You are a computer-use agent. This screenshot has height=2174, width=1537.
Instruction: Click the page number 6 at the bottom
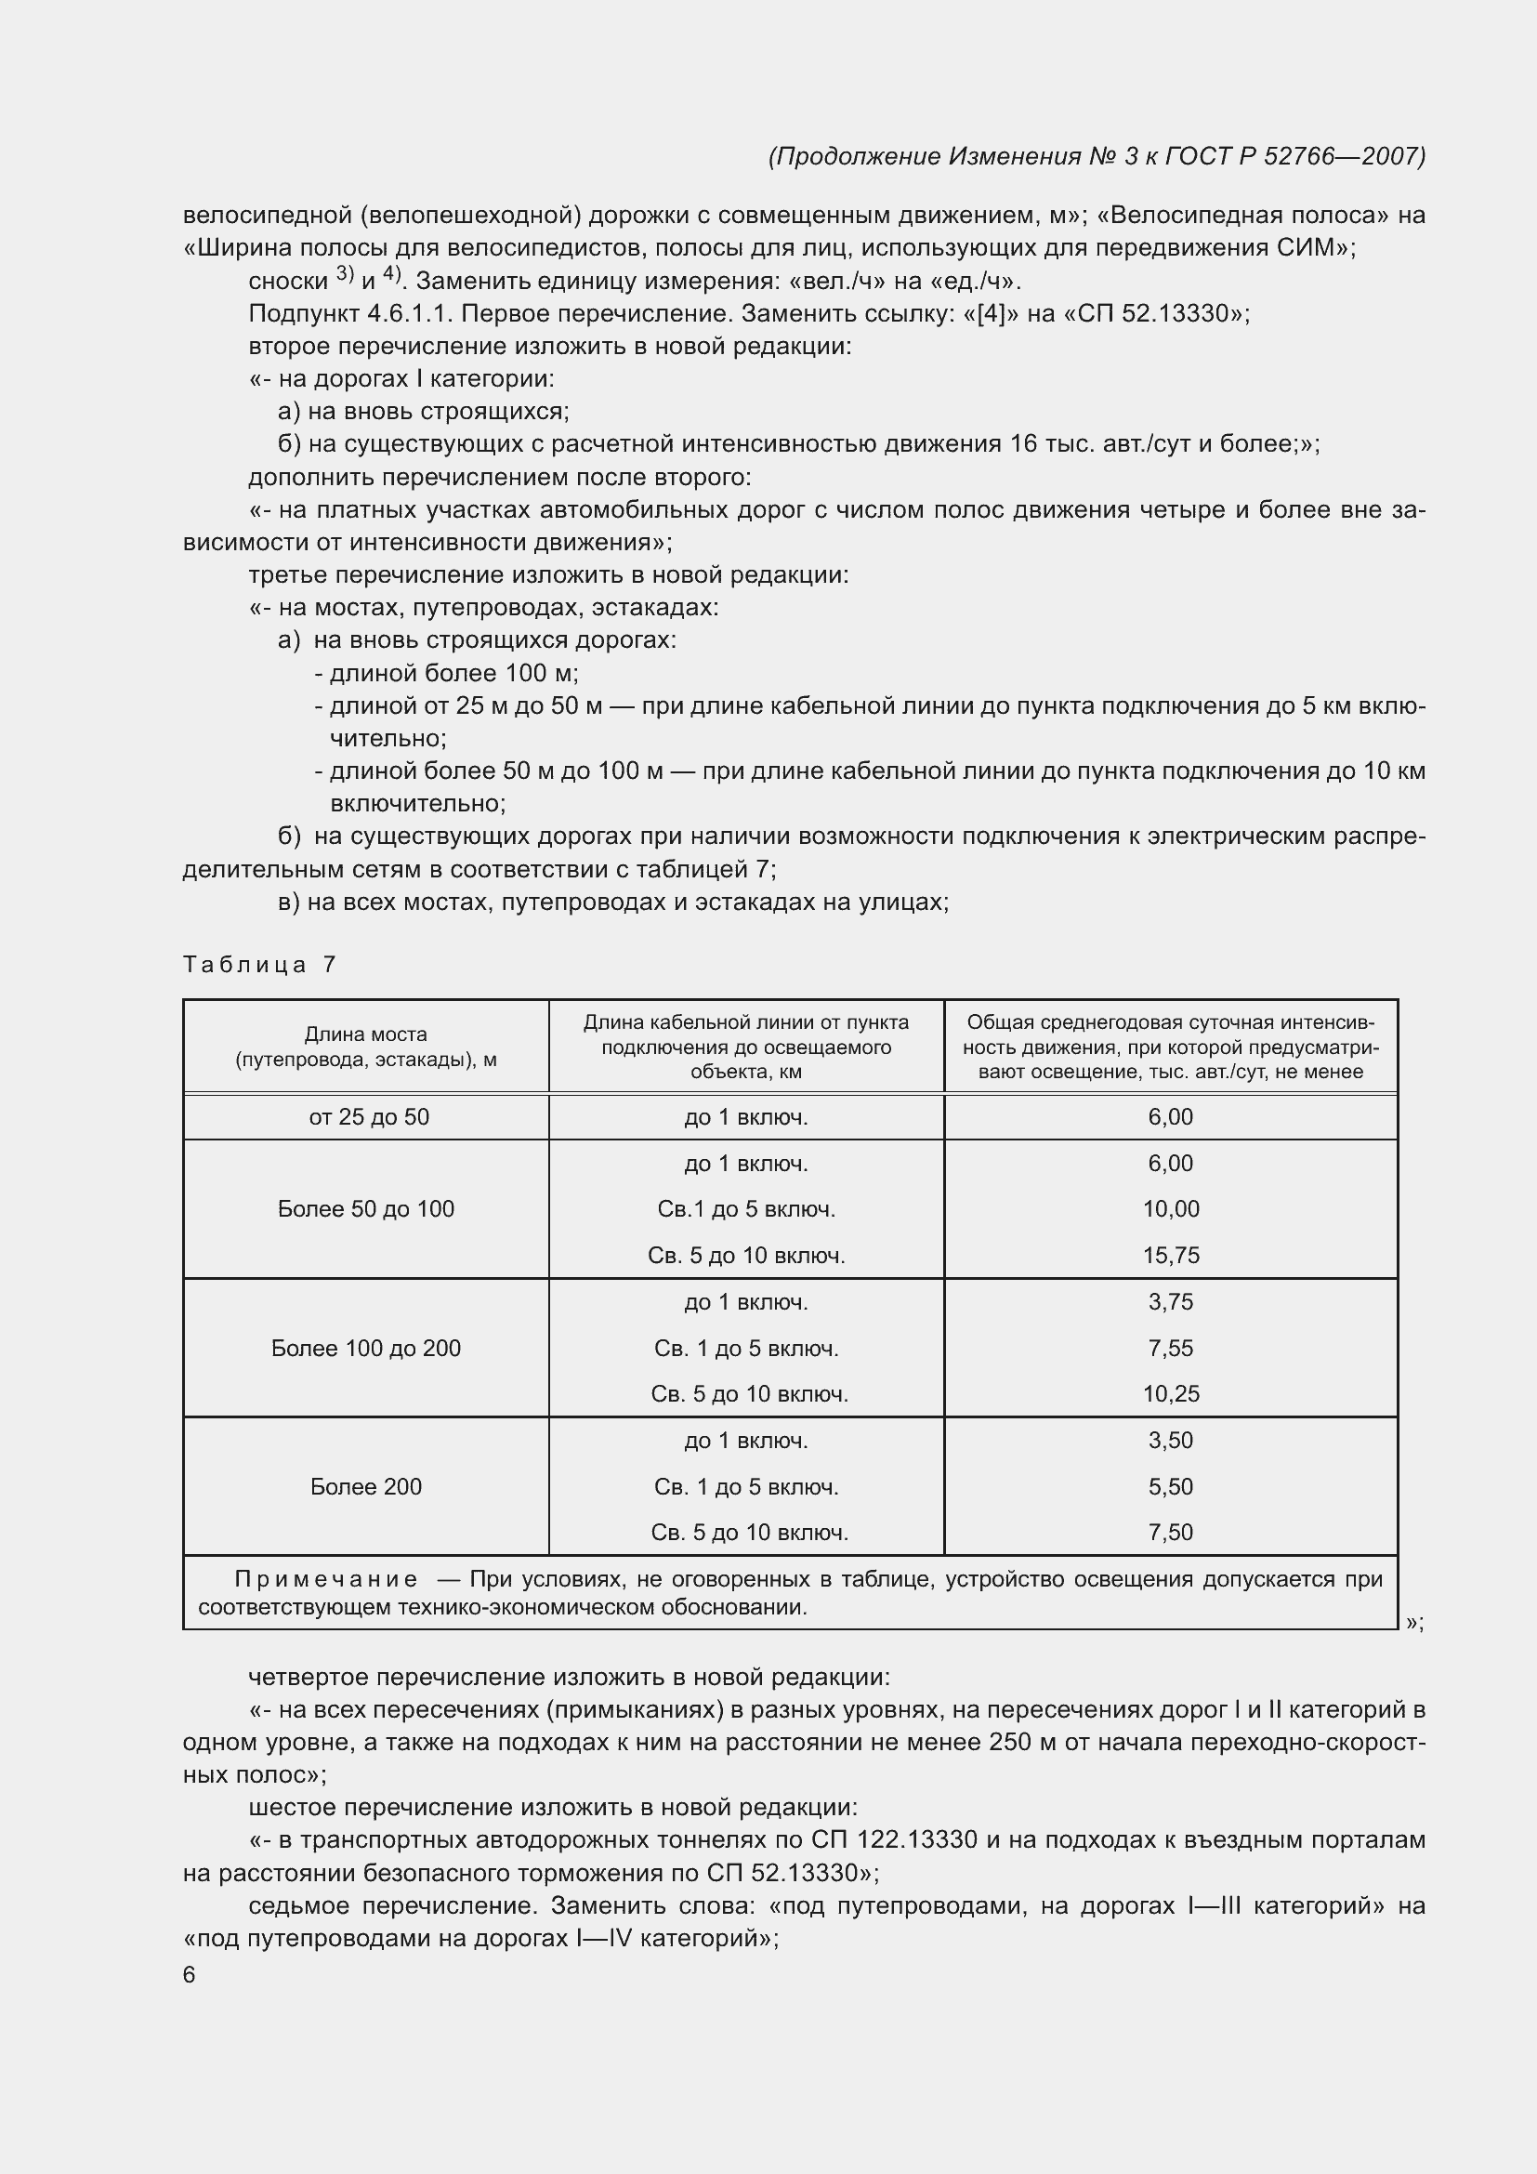[x=190, y=1974]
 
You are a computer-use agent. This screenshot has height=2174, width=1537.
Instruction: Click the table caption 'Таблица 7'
[x=259, y=964]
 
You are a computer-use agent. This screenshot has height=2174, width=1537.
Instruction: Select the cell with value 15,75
[x=1171, y=1255]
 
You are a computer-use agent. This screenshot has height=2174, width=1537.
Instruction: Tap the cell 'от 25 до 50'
[x=368, y=1116]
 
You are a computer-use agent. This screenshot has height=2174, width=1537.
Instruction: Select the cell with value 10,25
[x=1171, y=1393]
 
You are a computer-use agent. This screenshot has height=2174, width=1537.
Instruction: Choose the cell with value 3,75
[x=1171, y=1301]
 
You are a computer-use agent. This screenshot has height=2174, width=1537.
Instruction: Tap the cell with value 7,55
[x=1171, y=1348]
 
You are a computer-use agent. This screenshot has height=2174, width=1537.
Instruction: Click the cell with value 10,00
[x=1171, y=1208]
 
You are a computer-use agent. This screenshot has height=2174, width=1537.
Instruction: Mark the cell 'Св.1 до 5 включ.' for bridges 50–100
[x=746, y=1208]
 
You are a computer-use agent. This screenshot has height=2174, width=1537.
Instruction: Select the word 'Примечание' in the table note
[x=325, y=1579]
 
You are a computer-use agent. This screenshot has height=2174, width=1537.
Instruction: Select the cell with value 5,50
[x=1171, y=1486]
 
